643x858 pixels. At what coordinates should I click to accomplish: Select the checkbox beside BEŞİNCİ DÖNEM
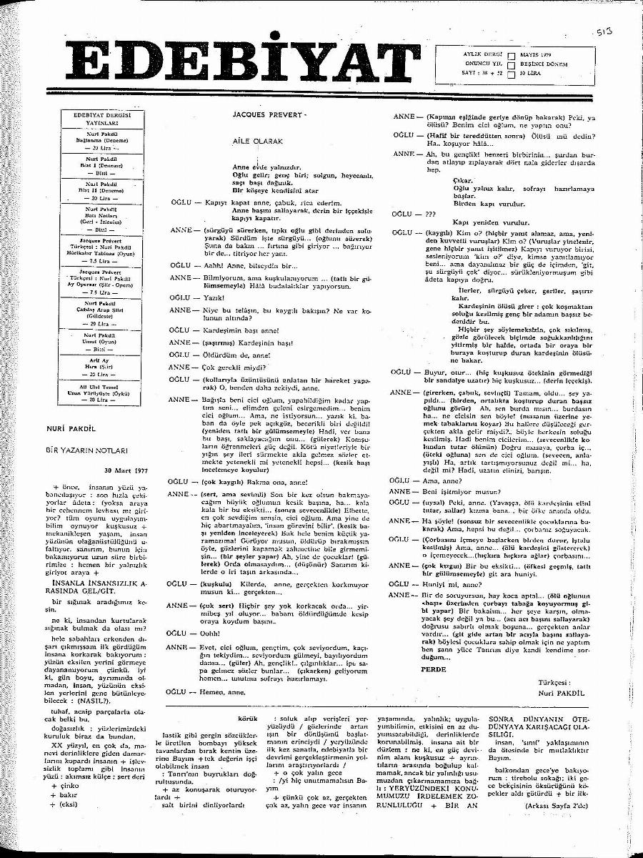point(512,64)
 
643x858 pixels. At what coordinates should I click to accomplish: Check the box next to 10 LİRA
point(512,73)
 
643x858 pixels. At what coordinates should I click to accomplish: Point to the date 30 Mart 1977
point(126,470)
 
